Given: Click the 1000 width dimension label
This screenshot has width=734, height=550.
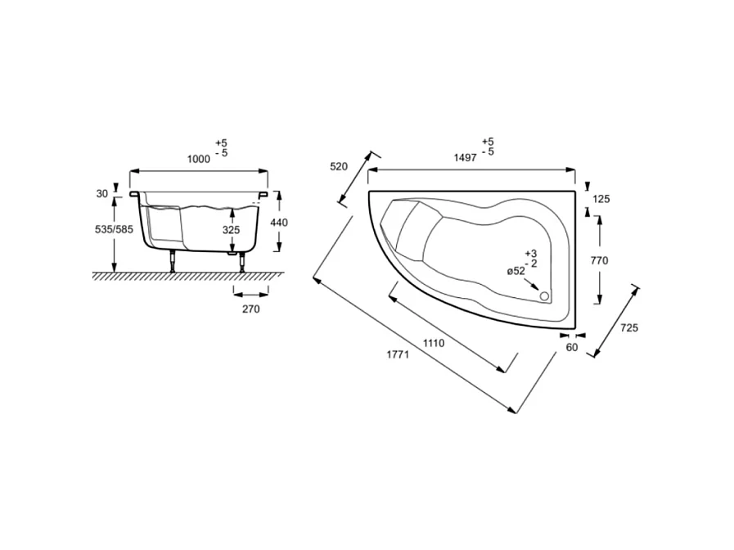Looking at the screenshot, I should point(199,160).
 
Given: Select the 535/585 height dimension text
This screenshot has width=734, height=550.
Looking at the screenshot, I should point(114,231).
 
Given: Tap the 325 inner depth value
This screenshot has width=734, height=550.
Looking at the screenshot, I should point(232,231).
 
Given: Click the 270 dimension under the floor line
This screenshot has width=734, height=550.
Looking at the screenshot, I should point(250,309).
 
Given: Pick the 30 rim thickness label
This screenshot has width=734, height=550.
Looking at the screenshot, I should point(102,194).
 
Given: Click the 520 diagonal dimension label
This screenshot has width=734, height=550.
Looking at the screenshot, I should point(339,166).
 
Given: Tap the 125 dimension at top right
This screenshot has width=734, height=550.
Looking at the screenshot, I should point(601,199).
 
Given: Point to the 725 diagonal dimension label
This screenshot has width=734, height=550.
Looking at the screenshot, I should point(629,327).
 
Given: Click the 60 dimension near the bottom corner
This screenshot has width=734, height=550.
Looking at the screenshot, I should point(572,347).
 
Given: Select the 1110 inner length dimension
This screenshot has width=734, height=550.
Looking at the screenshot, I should point(434,344).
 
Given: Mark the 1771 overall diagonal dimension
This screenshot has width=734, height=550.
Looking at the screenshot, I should point(399,355).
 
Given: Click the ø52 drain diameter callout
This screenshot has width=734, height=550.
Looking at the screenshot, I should point(516,271).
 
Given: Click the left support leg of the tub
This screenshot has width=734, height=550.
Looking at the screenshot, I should point(173,263).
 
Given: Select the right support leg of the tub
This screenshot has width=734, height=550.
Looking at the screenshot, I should point(241,263).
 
